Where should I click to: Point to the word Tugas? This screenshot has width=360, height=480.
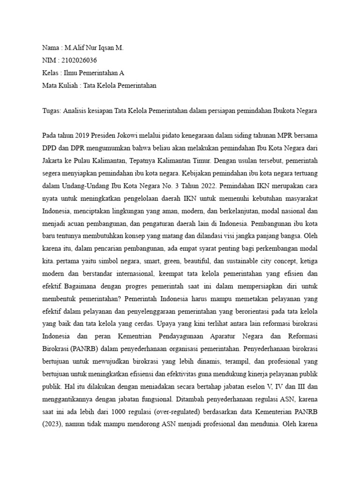coord(52,111)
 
